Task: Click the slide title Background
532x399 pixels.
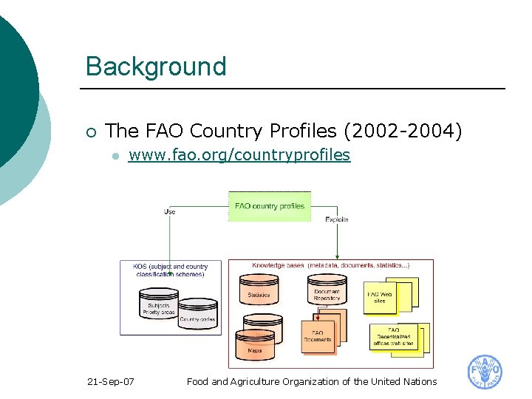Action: click(155, 66)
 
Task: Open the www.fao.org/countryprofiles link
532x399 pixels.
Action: click(239, 155)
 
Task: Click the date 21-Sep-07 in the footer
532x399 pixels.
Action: click(110, 381)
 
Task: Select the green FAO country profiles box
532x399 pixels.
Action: click(270, 206)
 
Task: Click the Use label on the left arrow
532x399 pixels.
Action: click(169, 212)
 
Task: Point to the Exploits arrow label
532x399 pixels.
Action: click(336, 219)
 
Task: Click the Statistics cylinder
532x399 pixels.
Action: click(259, 293)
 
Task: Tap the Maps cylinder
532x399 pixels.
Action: click(255, 346)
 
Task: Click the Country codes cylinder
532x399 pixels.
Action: click(197, 316)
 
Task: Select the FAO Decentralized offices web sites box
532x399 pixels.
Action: click(393, 337)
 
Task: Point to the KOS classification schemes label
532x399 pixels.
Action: click(171, 270)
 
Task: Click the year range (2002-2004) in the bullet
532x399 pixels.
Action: click(403, 131)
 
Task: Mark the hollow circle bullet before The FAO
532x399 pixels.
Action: click(90, 132)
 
